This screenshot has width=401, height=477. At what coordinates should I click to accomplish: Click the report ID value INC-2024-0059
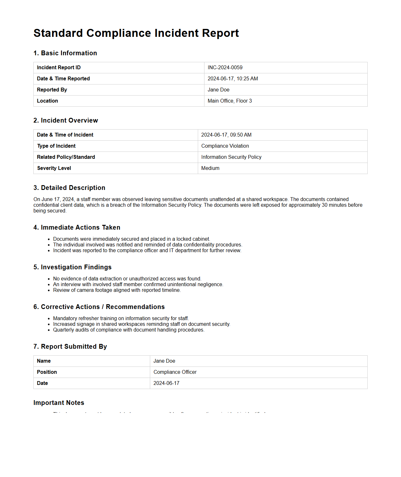[x=225, y=68]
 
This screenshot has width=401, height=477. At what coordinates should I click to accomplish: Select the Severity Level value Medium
[x=210, y=168]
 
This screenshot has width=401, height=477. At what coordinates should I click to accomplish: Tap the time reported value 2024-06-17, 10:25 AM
[x=233, y=79]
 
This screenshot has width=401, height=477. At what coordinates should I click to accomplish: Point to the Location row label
[x=47, y=101]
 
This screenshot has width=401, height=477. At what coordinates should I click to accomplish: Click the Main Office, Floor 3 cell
[x=230, y=101]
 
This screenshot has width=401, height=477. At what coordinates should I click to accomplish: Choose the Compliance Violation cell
[x=225, y=146]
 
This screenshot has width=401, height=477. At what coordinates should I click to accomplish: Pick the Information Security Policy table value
[x=231, y=157]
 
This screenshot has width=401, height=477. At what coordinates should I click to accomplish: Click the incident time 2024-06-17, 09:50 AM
[x=226, y=135]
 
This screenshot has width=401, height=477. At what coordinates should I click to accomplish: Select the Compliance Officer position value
[x=175, y=372]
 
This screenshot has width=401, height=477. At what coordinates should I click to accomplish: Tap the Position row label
[x=47, y=372]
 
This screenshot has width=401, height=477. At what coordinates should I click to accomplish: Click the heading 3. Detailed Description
[x=69, y=188]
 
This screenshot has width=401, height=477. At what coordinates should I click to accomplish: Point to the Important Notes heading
[x=59, y=403]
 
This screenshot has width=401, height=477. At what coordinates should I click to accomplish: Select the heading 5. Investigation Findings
[x=72, y=267]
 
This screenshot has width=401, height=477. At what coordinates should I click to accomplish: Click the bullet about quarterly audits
[x=129, y=330]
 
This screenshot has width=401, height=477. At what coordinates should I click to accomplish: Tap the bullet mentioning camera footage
[x=117, y=290]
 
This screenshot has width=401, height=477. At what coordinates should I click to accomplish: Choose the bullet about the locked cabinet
[x=131, y=239]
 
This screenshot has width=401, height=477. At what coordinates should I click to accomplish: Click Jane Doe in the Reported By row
[x=218, y=90]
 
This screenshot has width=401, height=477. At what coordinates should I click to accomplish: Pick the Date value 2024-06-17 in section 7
[x=166, y=383]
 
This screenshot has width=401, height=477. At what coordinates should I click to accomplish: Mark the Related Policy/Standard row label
[x=66, y=157]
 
